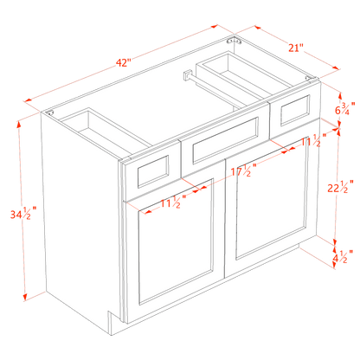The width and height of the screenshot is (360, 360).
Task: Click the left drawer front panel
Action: click(150, 171)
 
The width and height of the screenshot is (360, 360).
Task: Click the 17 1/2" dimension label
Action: click(242, 172)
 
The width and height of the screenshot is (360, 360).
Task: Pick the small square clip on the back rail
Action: click(185, 79)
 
